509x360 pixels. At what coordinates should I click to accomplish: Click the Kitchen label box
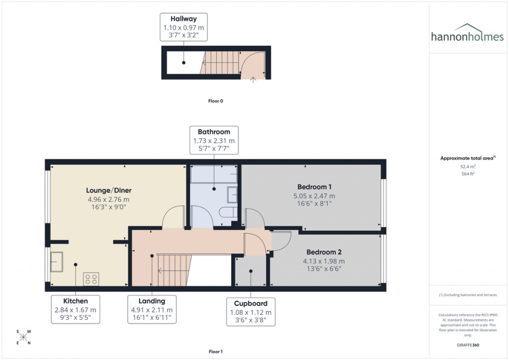pos(76,309)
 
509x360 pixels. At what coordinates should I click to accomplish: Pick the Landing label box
pos(152,309)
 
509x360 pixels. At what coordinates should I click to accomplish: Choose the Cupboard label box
pos(251,312)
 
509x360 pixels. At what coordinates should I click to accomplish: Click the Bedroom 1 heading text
pos(314,186)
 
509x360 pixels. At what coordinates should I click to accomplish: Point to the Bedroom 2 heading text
pos(324,252)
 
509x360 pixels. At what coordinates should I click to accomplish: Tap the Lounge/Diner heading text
pos(108,190)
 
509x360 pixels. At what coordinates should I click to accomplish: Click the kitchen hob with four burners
pos(90,279)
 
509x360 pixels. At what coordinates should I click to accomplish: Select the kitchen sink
pos(56,262)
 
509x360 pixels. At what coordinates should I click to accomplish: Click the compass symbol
pos(23,337)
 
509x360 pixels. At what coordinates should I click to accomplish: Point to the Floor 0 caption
pos(215,101)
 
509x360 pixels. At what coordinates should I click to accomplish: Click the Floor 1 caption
pos(215,352)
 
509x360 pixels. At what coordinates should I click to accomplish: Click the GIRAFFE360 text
pos(468,345)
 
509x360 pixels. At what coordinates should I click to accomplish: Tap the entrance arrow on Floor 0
pos(254,79)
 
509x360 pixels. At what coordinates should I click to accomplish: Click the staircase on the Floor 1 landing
pos(174,270)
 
